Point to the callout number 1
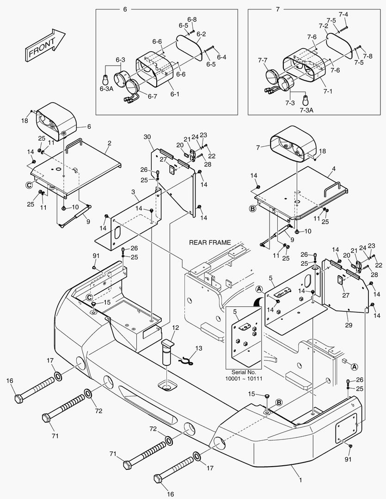[x=300, y=480]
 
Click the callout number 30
[x=147, y=137]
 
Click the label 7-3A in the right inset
[x=306, y=110]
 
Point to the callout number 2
[x=109, y=144]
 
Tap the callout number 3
[x=133, y=191]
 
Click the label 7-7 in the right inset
[x=263, y=61]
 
